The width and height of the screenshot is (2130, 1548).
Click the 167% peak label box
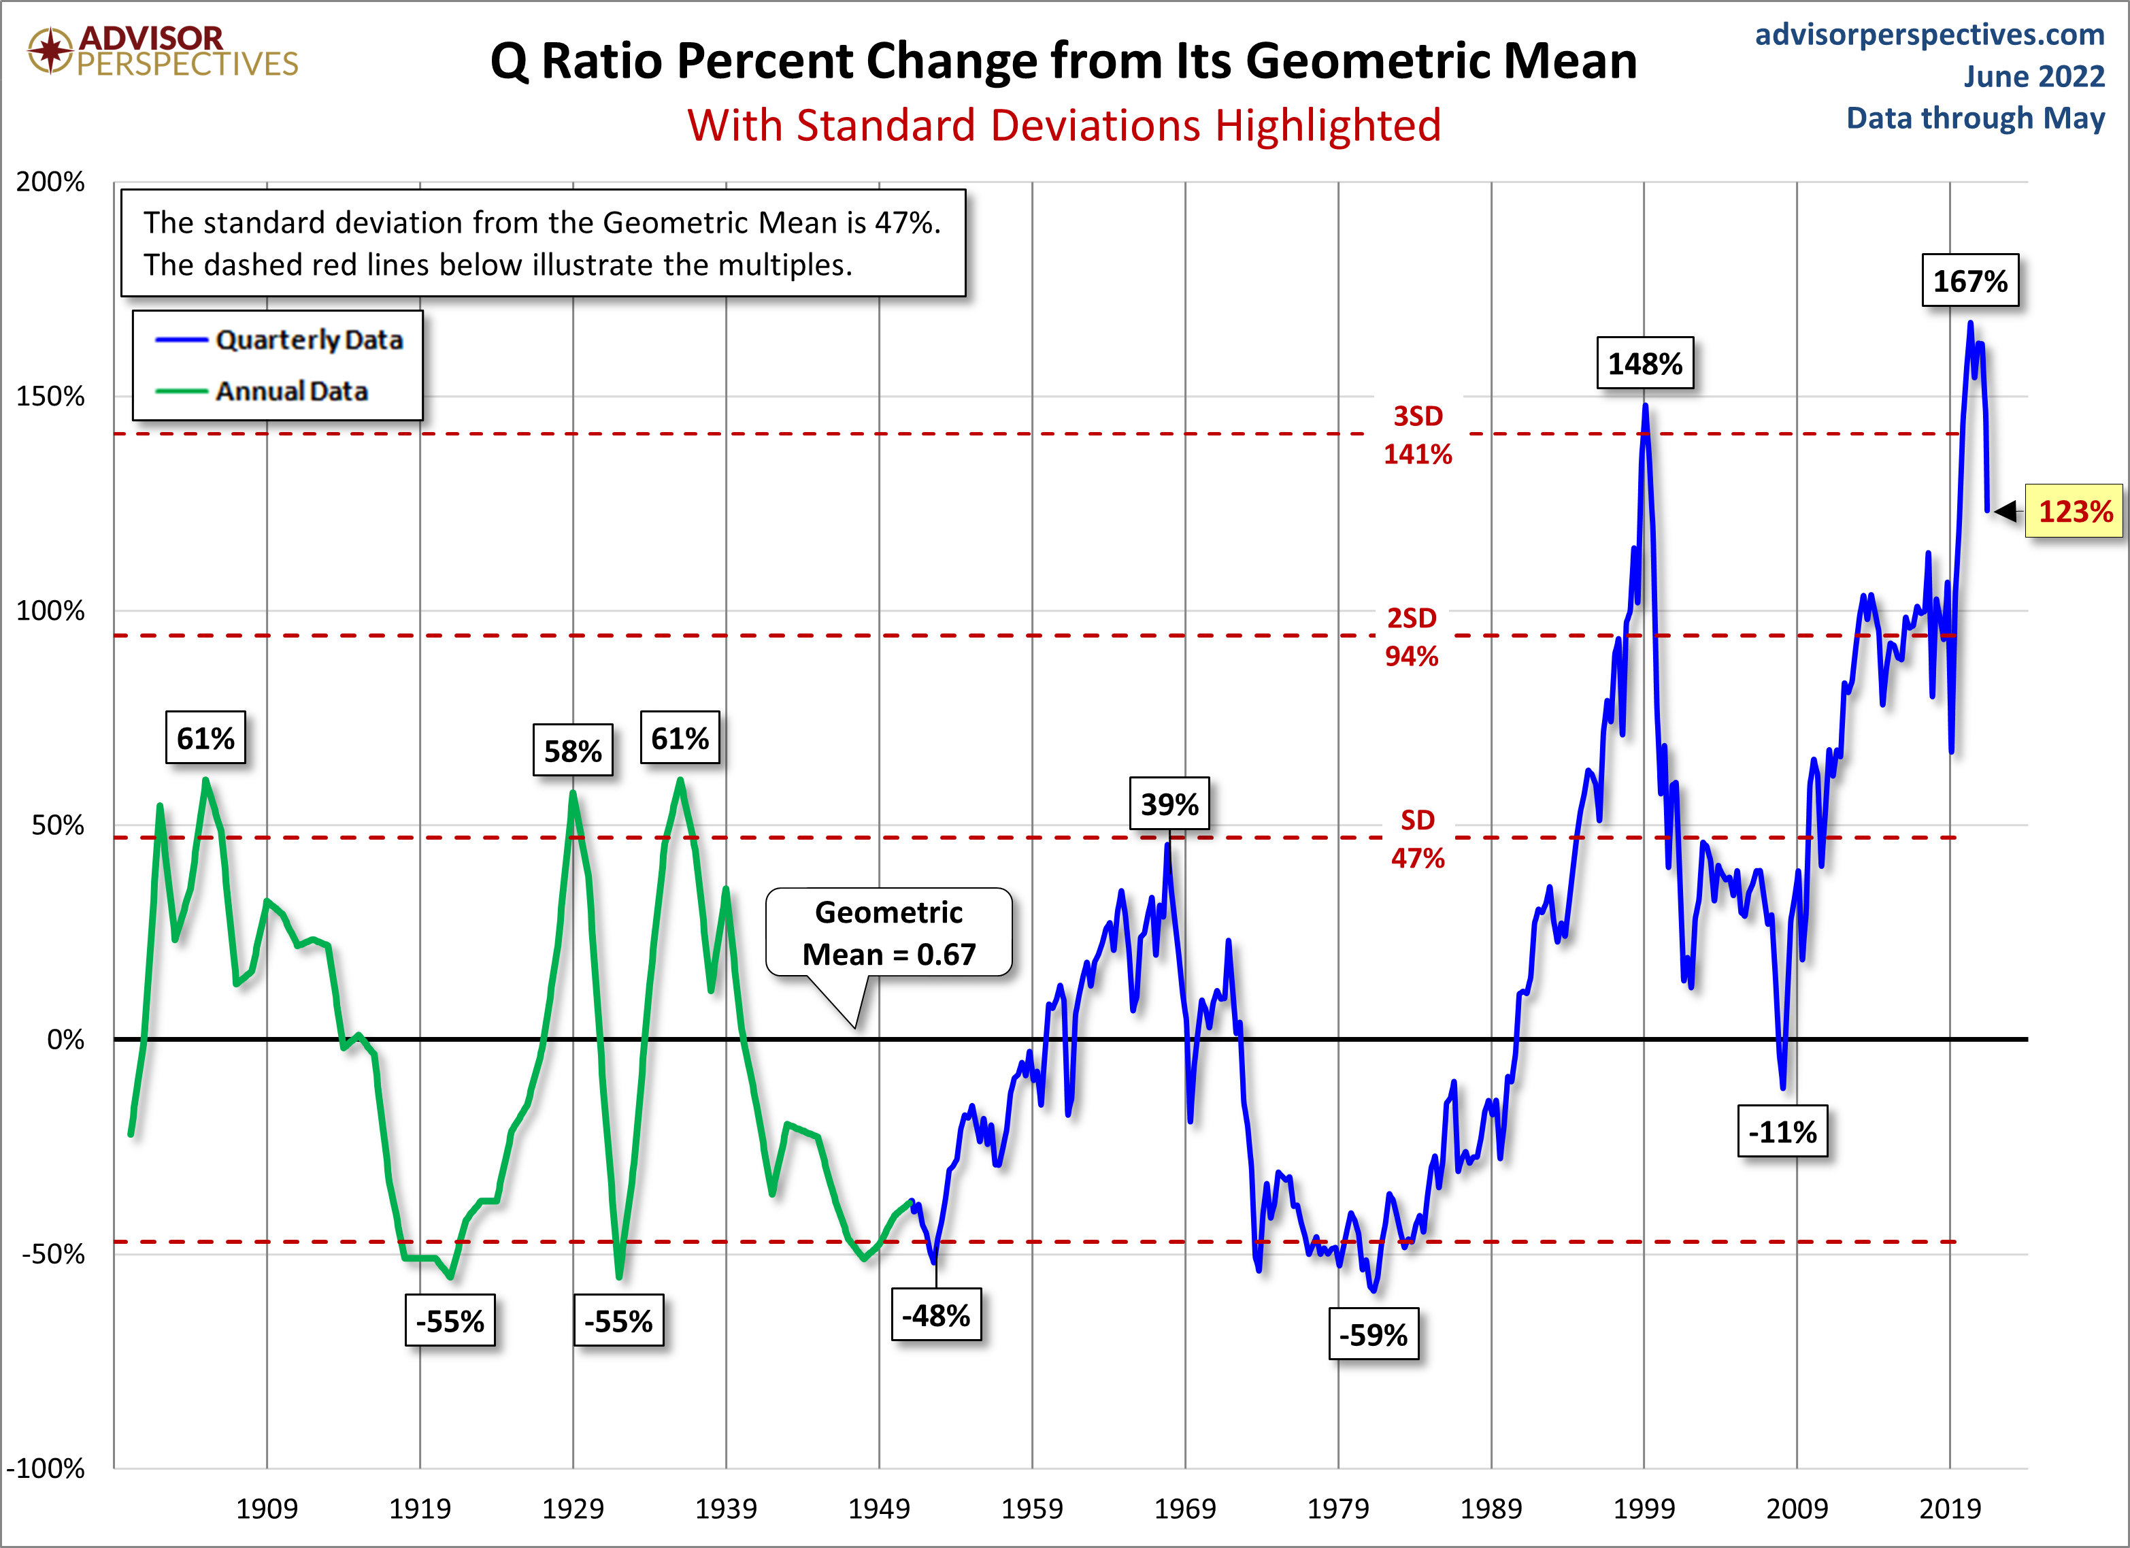1969,281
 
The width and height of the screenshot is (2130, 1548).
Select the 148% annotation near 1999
1644,363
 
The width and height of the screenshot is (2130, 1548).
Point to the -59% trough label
1373,1335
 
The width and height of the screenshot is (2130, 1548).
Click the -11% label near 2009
1782,1132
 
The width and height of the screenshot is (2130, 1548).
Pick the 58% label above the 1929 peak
572,751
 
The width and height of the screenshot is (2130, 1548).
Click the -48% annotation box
935,1315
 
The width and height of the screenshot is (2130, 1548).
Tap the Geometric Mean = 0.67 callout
888,933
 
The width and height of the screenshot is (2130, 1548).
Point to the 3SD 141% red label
1417,435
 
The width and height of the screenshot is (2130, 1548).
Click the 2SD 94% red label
1412,637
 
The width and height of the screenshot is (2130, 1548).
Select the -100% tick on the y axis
45,1468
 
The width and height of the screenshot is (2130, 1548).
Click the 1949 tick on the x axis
878,1509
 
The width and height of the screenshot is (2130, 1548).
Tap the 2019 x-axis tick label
1950,1509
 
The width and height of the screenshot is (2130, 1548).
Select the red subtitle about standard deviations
1064,125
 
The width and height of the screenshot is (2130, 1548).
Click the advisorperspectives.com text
1929,35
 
